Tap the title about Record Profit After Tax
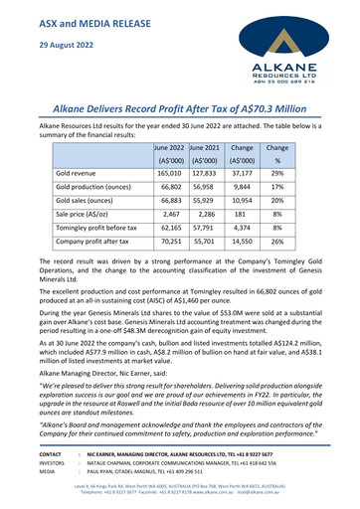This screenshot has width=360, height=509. tap(180, 103)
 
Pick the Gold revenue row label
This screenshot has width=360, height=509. tap(84, 173)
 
